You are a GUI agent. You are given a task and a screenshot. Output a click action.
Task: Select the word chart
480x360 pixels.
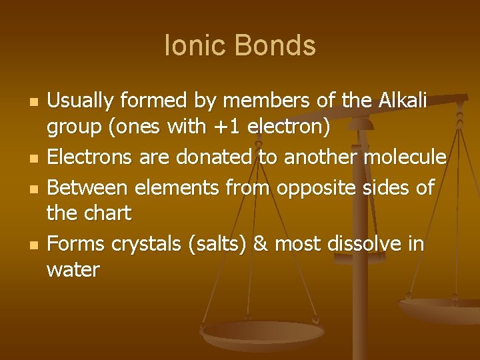pos(108,214)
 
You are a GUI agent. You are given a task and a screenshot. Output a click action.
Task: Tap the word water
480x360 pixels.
pos(73,271)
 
